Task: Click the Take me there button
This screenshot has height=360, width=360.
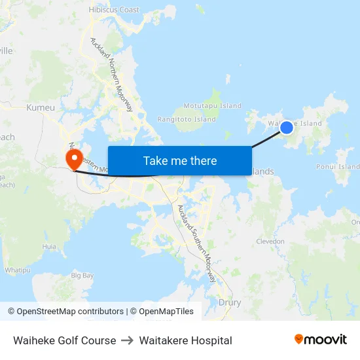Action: [180, 160]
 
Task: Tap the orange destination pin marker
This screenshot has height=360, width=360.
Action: [73, 158]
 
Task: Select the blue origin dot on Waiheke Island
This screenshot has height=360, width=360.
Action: [286, 127]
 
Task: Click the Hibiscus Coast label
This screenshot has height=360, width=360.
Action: [114, 10]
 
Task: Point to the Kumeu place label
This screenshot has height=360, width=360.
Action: [40, 107]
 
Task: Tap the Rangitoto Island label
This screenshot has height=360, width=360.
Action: [187, 120]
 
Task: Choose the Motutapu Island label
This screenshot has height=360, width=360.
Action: [212, 105]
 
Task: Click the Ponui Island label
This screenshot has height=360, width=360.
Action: [338, 167]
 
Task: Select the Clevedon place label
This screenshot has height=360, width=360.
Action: [270, 241]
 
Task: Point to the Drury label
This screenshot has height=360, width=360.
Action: [229, 302]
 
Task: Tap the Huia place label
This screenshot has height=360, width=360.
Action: [49, 247]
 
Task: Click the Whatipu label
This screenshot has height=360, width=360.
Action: [18, 270]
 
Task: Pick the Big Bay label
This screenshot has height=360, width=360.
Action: [82, 276]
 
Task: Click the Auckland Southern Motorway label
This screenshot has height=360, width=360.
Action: [196, 243]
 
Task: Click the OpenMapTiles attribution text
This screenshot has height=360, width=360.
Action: [166, 312]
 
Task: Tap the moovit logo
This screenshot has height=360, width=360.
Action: [320, 340]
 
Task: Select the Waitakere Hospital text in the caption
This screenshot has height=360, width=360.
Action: [185, 340]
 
